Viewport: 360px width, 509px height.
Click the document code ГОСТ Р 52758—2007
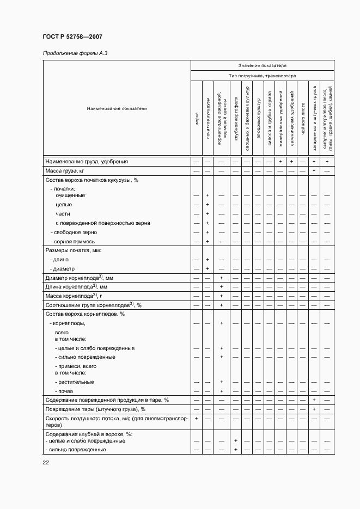point(72,36)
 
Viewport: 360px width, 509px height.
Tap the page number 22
point(46,462)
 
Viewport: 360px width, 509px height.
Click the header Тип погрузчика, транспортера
point(262,76)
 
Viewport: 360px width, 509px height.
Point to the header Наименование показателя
point(117,108)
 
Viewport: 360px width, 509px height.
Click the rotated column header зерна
point(196,120)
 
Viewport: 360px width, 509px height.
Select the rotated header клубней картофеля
point(236,120)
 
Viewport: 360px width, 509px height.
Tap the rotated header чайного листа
point(302,120)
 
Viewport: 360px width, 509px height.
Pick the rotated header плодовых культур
point(258,120)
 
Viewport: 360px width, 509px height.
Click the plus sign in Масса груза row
point(314,171)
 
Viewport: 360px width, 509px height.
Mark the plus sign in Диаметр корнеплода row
point(221,278)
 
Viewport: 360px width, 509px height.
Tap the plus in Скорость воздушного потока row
point(196,419)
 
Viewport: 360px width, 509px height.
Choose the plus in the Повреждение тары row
point(314,409)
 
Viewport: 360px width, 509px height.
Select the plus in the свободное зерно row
point(208,232)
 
